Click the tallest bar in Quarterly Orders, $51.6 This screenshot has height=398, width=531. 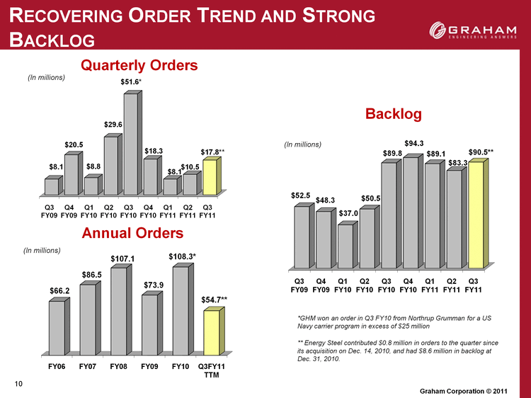[133, 142]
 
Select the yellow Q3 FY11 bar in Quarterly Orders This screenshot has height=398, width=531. [212, 176]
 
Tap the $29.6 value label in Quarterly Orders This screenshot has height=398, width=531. [113, 125]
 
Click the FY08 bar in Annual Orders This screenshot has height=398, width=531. [121, 309]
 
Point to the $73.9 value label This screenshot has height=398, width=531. [154, 285]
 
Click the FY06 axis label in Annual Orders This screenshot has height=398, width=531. [57, 367]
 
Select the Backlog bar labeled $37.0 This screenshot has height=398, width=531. [348, 244]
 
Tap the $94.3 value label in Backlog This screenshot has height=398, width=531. [414, 144]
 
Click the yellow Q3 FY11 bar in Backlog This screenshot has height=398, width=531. [479, 213]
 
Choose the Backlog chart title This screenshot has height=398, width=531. [394, 114]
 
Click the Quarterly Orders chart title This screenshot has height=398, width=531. [139, 65]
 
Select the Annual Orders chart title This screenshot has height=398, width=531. [133, 233]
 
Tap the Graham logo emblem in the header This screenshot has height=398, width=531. [438, 30]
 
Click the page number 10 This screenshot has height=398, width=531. [18, 383]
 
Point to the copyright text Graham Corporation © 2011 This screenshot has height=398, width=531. [464, 391]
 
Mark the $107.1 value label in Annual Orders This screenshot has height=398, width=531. [122, 259]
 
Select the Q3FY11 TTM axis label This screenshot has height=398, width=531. [212, 370]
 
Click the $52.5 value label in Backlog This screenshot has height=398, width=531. [300, 195]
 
